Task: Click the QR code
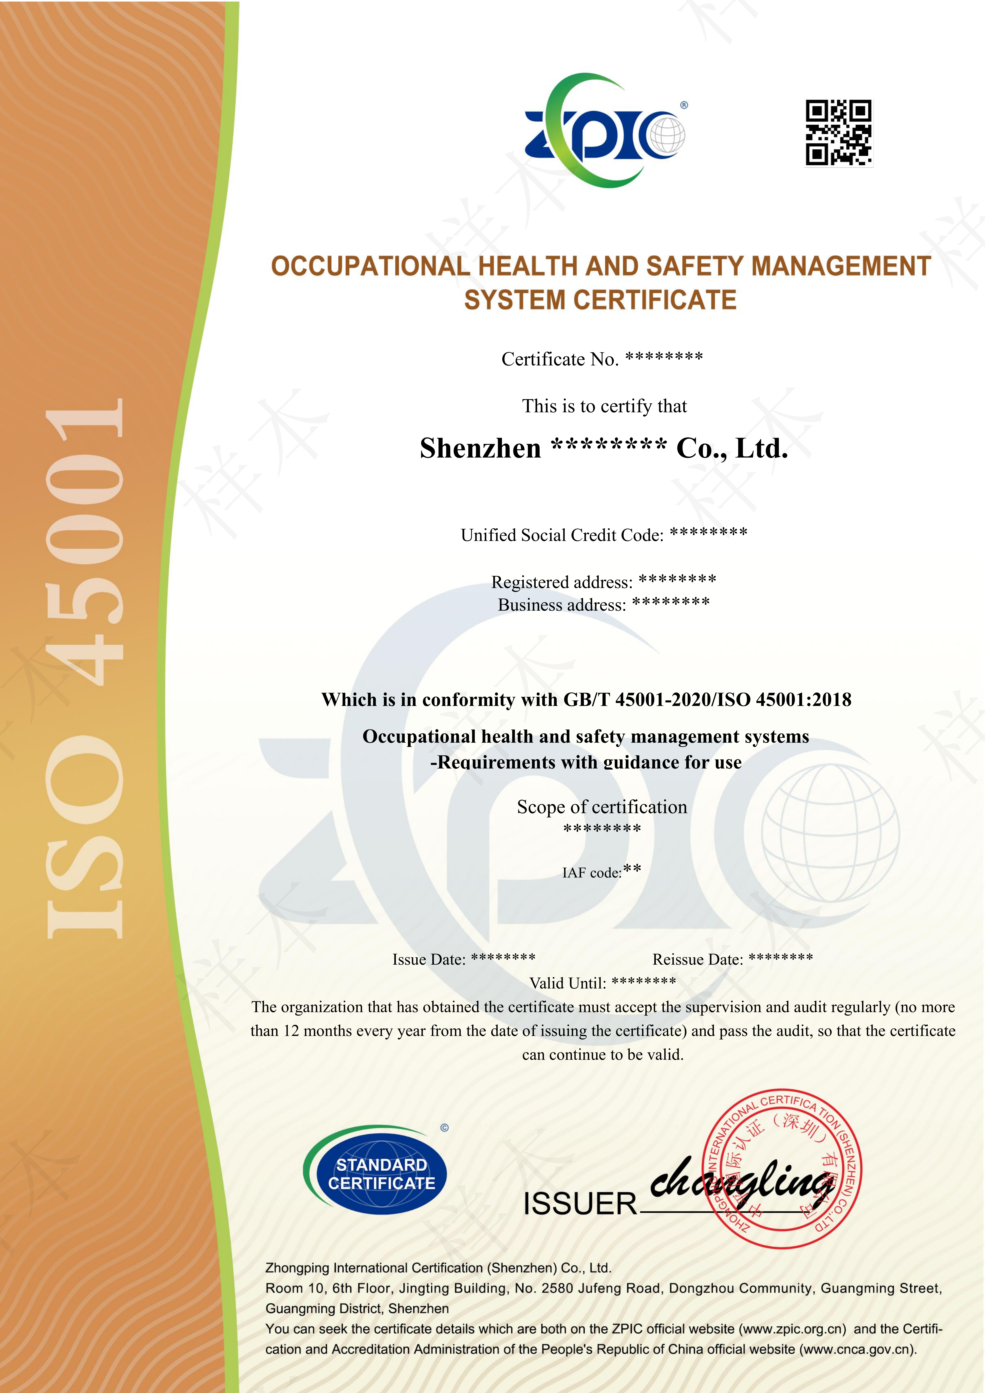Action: pos(839,133)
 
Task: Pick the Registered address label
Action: pos(561,582)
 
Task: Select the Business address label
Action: pos(561,605)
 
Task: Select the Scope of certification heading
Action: pos(602,807)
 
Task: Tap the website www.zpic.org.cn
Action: pos(792,1329)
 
